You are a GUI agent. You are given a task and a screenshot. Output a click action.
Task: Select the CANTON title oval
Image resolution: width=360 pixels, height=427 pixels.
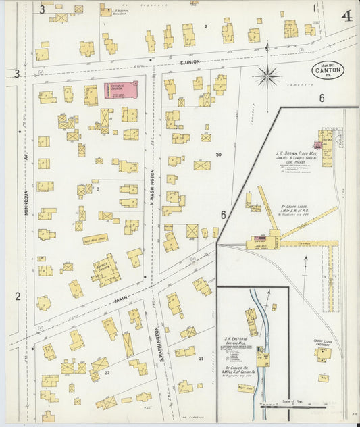(x=328, y=69)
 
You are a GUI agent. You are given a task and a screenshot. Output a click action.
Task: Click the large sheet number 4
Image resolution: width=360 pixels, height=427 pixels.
(x=346, y=16)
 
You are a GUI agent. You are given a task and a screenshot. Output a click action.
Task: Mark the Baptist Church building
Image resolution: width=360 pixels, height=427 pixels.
(x=106, y=270)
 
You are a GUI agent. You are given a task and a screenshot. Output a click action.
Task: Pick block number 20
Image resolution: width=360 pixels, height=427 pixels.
(x=218, y=155)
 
